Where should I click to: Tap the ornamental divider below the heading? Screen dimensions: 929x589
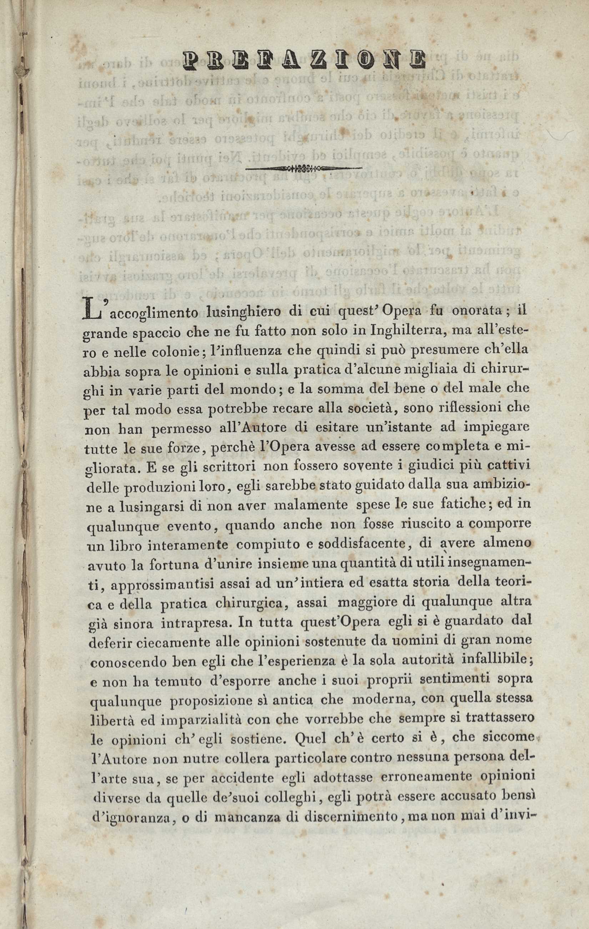(304, 168)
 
